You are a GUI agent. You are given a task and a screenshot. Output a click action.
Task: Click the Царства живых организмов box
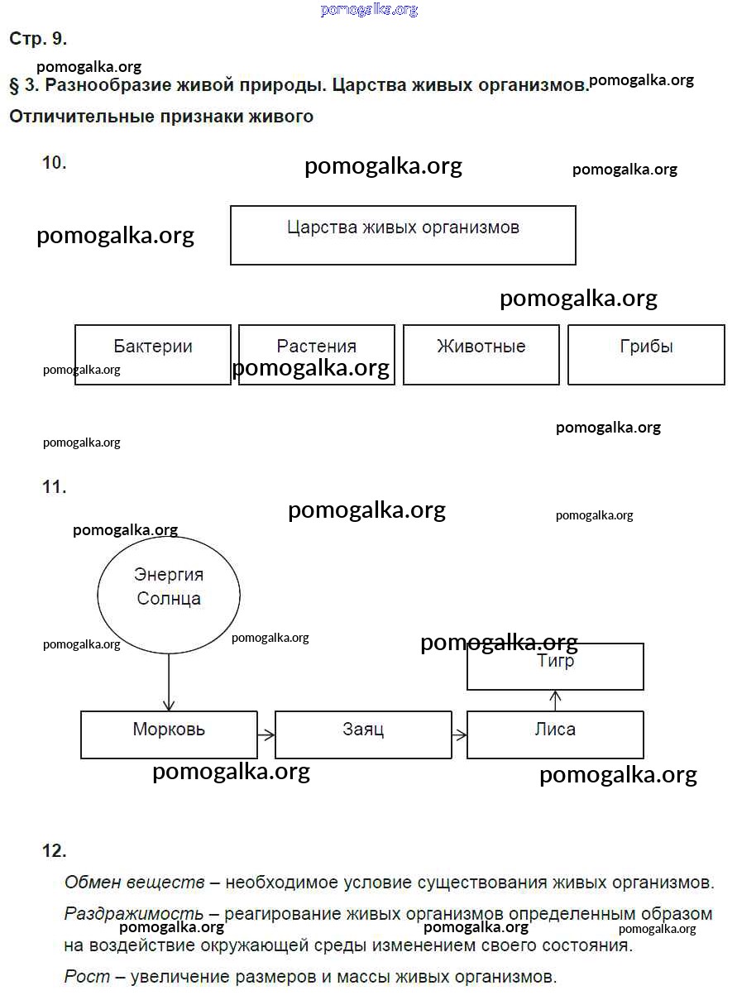click(403, 236)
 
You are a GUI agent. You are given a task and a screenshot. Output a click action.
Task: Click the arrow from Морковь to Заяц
click(266, 734)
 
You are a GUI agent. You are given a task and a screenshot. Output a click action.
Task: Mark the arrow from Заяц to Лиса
click(460, 734)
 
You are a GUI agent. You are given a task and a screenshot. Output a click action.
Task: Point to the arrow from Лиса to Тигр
click(556, 701)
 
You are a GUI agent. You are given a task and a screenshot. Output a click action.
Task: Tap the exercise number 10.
click(55, 163)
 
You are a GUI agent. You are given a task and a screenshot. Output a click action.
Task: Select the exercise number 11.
click(55, 487)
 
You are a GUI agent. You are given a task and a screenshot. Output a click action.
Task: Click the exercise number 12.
click(55, 850)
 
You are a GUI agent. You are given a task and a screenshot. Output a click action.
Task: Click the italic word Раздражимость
click(134, 914)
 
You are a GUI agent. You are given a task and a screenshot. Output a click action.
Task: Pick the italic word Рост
click(87, 977)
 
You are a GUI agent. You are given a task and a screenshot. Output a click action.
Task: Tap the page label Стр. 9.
click(38, 39)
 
